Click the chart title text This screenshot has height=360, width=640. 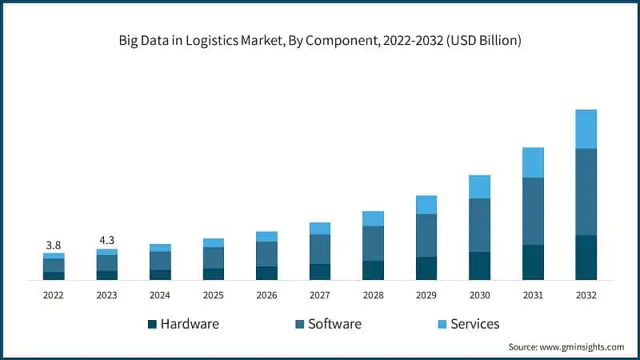click(x=320, y=40)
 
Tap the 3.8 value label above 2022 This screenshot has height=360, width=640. click(x=54, y=244)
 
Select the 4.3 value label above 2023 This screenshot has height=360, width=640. click(x=106, y=239)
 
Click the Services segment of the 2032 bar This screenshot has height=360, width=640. click(x=586, y=129)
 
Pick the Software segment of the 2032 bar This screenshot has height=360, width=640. click(x=586, y=192)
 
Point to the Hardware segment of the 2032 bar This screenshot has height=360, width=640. click(x=586, y=258)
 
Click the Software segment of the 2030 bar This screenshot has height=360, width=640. click(x=479, y=225)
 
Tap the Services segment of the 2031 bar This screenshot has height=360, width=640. click(x=533, y=162)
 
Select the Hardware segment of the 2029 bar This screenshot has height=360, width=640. click(x=426, y=268)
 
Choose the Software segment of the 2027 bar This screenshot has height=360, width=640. click(x=320, y=249)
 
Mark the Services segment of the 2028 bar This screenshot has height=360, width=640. click(x=373, y=218)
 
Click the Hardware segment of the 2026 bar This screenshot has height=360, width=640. click(x=266, y=273)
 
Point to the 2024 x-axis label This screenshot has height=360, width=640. click(x=160, y=295)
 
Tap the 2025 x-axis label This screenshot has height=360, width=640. click(x=214, y=295)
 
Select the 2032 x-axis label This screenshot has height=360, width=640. click(x=586, y=295)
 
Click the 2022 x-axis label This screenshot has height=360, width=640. click(x=54, y=295)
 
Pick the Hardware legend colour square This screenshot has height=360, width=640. click(x=152, y=324)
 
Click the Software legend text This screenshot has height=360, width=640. click(x=334, y=324)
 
